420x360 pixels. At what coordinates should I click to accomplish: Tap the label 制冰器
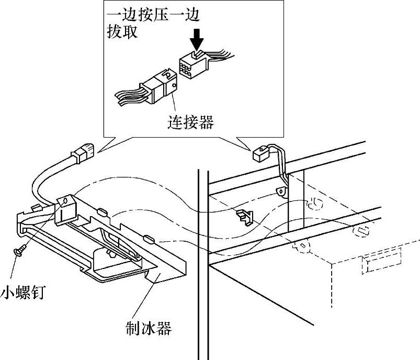(x=149, y=329)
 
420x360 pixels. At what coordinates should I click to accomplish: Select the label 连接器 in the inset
(x=191, y=122)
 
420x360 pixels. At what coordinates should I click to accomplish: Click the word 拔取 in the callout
(x=121, y=32)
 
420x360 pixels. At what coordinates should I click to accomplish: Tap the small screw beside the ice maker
(x=19, y=252)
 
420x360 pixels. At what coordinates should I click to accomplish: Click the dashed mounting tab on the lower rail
(x=302, y=245)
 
